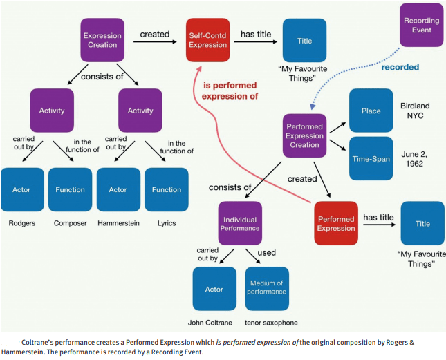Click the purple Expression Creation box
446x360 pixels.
102,41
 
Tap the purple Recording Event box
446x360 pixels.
421,25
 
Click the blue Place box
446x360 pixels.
370,111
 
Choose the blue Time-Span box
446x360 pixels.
370,158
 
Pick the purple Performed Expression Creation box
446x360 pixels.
304,136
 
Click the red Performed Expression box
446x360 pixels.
336,223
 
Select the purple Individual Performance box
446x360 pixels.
239,223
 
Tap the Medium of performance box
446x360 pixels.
267,287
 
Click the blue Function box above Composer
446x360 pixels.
70,189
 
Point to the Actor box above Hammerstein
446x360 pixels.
118,189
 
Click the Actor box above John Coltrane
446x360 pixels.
214,288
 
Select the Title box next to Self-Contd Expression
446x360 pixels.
304,41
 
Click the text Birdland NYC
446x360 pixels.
415,111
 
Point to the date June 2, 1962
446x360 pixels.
415,158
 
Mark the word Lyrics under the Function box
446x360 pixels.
166,223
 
